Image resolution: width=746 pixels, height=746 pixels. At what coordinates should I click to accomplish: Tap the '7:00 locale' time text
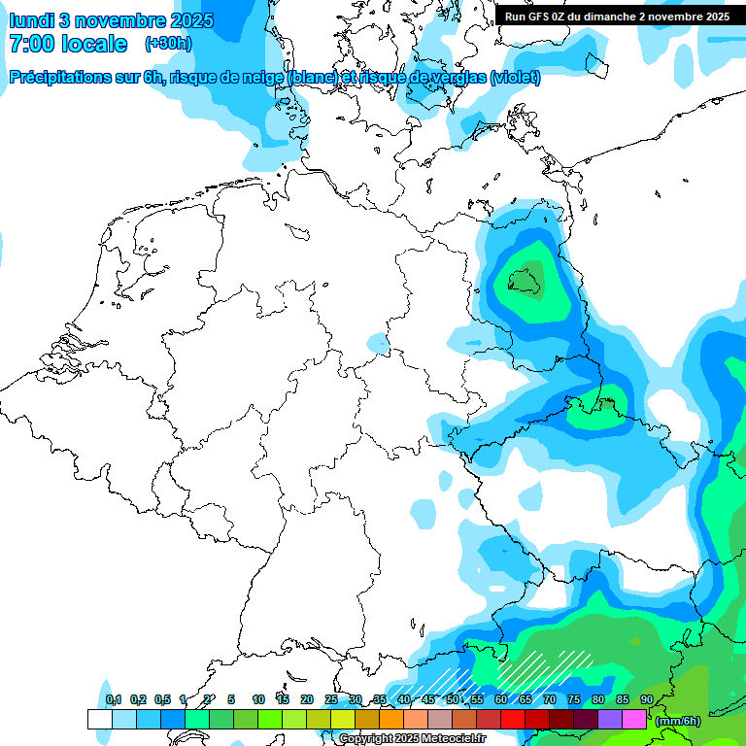68,44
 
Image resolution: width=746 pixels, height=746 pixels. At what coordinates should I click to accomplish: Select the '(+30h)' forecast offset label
168,44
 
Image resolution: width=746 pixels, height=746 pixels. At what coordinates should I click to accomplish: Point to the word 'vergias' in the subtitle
456,78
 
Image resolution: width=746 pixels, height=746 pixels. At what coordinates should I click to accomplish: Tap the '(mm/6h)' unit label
678,721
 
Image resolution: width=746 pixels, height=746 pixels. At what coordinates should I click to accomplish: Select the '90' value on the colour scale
646,699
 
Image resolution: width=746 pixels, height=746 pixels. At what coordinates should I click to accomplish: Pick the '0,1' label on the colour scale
114,699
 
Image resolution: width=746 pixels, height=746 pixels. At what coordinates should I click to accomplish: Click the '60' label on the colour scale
500,699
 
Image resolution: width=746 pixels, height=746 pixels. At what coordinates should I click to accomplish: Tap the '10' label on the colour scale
258,699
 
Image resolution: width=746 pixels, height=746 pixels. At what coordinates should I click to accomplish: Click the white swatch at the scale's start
99,719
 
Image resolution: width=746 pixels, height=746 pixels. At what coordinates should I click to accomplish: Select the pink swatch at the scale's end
633,719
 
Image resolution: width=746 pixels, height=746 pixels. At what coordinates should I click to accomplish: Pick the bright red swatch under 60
512,719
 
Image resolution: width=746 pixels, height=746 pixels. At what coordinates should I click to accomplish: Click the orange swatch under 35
390,719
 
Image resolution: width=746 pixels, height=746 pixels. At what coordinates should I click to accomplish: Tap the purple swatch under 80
609,719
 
